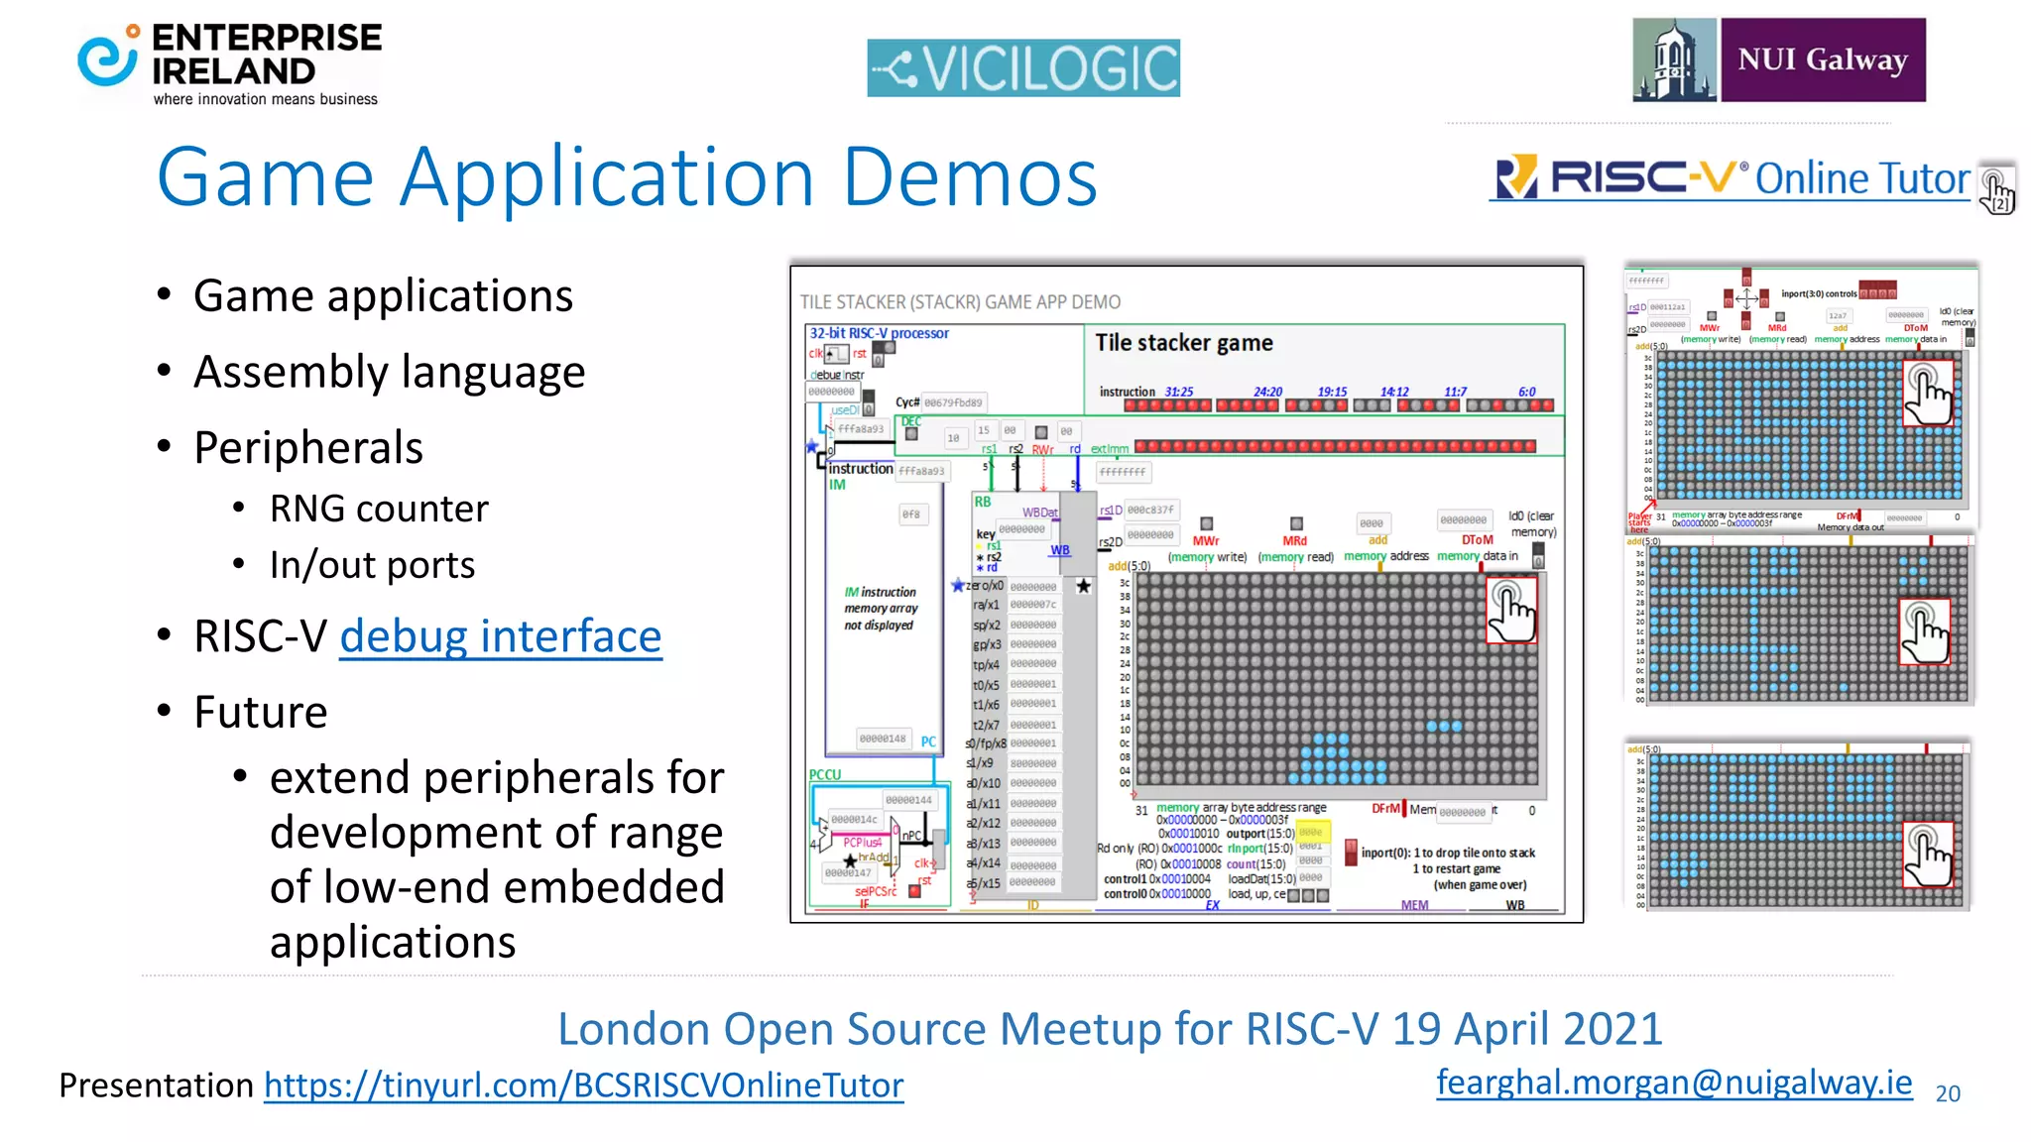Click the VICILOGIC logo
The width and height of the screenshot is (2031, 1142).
[x=1022, y=68]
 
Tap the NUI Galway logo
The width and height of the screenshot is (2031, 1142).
[x=1779, y=59]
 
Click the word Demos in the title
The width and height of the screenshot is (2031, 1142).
[x=970, y=177]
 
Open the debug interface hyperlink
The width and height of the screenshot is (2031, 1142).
[x=500, y=636]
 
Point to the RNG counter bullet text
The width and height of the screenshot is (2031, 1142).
[x=379, y=509]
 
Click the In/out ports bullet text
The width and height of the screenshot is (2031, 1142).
[x=372, y=565]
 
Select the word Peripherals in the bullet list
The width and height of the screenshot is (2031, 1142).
[x=308, y=448]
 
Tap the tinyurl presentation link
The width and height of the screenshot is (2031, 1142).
[x=583, y=1085]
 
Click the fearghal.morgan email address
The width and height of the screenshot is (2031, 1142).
[x=1674, y=1082]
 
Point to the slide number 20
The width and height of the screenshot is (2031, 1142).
[x=1948, y=1093]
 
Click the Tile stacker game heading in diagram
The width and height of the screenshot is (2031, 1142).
[x=1183, y=343]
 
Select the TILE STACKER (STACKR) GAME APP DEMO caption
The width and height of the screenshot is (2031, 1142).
[x=960, y=302]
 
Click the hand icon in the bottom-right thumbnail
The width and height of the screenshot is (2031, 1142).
[x=1927, y=856]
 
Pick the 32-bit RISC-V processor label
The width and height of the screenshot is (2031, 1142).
[x=879, y=333]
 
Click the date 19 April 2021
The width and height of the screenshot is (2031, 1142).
[x=1527, y=1029]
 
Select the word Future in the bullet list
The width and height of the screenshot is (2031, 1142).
[x=261, y=712]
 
